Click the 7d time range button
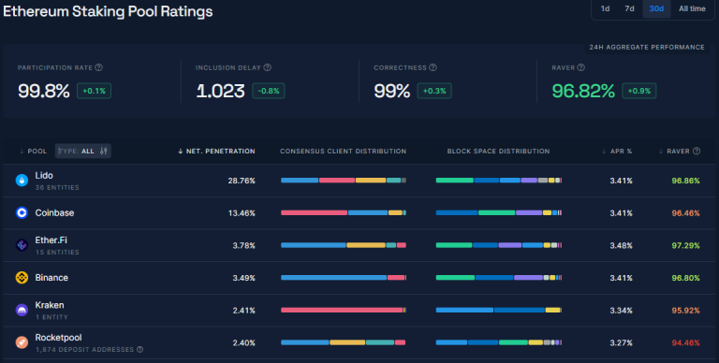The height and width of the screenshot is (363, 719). (629, 8)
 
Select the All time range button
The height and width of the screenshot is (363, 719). (692, 8)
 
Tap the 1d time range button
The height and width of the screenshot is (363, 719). (606, 8)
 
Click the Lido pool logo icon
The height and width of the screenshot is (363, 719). (22, 181)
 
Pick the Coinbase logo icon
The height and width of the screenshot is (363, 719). (22, 212)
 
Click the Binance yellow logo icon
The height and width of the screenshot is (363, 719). (22, 277)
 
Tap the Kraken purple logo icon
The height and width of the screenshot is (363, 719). (22, 310)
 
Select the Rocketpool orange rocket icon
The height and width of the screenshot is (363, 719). (22, 342)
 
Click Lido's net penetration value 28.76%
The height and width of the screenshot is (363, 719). (242, 181)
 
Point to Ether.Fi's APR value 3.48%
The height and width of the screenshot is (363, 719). (621, 246)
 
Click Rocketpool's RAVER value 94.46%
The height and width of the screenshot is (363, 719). (685, 342)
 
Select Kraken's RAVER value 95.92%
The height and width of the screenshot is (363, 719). (685, 311)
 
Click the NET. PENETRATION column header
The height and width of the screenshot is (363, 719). (216, 152)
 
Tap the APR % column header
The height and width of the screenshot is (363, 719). (617, 152)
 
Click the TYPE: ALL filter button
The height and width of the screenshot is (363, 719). (83, 151)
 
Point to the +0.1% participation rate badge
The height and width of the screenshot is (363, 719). (94, 91)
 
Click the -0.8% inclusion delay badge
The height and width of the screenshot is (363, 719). (269, 91)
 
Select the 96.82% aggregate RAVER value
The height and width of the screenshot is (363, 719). (583, 91)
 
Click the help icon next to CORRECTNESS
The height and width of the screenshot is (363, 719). (433, 67)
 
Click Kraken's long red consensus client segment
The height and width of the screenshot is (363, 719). (342, 311)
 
